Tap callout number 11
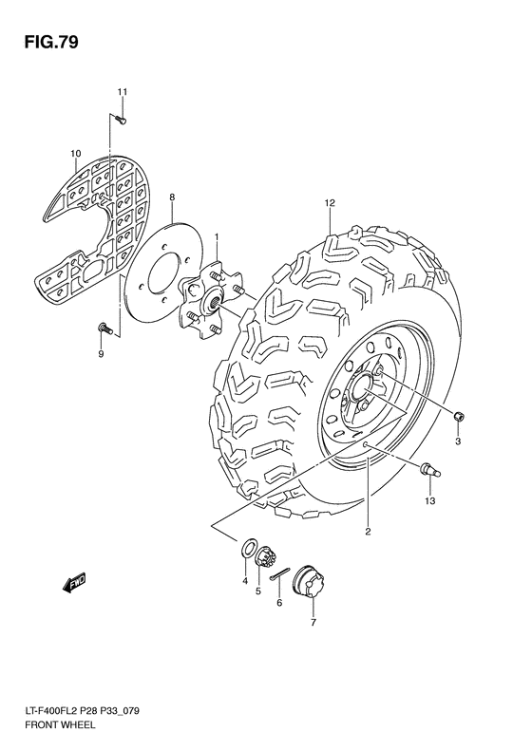pos(122,91)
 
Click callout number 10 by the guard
pos(75,152)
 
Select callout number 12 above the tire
pos(330,203)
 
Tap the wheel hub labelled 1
pos(212,294)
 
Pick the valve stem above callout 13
pos(427,466)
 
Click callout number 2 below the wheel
pos(366,532)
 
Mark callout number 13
pos(428,500)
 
